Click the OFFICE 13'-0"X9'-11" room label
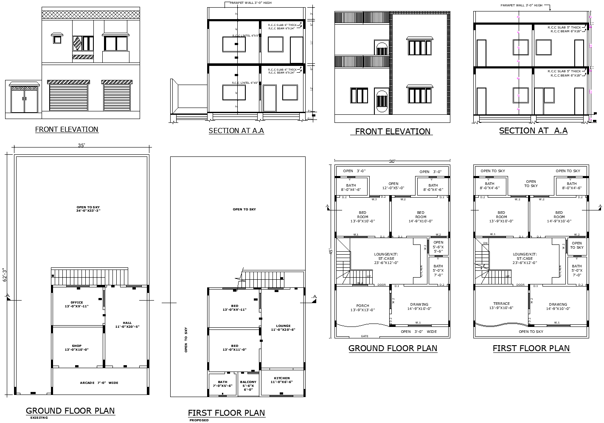[77, 304]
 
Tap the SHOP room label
[77, 348]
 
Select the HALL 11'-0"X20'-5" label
[127, 325]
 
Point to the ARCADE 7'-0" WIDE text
[99, 383]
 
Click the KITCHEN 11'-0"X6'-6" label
[282, 380]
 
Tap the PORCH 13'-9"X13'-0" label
[362, 308]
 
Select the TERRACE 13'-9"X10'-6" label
[501, 306]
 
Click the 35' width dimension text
[81, 145]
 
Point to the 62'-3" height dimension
[6, 275]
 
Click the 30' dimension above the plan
[392, 162]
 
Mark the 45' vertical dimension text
[330, 252]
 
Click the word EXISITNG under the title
[39, 418]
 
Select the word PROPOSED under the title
[199, 420]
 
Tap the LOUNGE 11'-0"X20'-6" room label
[283, 328]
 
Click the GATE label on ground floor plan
[364, 336]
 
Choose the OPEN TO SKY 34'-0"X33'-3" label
[88, 209]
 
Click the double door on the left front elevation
[25, 100]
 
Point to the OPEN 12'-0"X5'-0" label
[393, 186]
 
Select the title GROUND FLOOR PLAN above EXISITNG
[70, 411]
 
